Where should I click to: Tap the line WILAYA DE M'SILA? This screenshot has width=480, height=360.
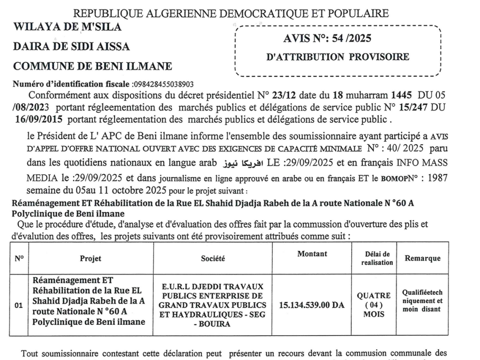(67, 27)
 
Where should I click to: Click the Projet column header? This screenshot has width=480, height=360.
(90, 258)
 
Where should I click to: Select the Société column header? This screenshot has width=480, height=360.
(213, 258)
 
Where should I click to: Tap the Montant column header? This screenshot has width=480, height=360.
(312, 254)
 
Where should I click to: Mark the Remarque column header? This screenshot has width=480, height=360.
(423, 258)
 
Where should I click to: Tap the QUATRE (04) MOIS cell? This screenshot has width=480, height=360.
(374, 305)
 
